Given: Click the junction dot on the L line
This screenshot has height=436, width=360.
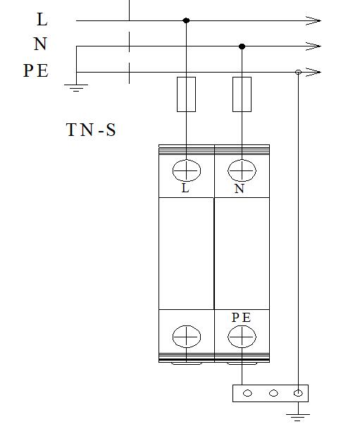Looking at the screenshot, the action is point(186,20).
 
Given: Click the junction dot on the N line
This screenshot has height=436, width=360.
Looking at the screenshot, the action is point(242,46).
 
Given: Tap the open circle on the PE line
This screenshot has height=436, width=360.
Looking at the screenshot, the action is point(298,73).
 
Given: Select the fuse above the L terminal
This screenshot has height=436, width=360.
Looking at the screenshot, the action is point(186,94).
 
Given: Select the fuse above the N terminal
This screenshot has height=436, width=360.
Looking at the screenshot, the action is point(242,94).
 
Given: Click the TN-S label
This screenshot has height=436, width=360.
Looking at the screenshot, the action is point(91,130).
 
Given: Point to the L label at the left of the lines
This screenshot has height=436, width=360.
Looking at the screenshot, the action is point(42,20).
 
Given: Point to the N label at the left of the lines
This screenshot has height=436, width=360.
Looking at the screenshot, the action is point(40,44).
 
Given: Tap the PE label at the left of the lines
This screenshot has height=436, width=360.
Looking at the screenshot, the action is point(36,70).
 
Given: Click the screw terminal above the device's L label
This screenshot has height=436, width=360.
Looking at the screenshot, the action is point(187,170).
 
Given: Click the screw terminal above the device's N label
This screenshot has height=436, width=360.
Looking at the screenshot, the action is point(242,170).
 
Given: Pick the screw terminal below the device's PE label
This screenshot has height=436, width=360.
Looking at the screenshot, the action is point(242,337).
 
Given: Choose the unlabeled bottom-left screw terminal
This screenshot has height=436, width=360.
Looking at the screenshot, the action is point(187,337).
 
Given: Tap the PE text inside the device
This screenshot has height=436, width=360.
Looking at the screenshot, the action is point(241,318).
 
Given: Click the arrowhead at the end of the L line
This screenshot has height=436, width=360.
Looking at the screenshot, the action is point(314,20).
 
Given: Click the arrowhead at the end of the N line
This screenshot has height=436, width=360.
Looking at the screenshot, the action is point(314,46).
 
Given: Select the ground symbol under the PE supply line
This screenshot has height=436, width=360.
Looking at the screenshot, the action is point(76,88).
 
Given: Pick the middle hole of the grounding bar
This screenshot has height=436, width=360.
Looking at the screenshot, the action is point(273,393).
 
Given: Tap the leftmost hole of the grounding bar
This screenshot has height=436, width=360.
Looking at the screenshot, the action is point(247,393).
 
